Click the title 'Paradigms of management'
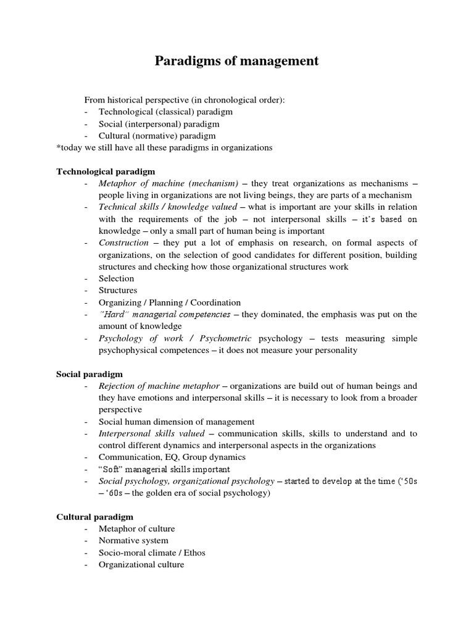tap(236, 60)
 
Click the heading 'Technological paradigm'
tap(106, 171)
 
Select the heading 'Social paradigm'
tap(89, 374)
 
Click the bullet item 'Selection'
tap(116, 278)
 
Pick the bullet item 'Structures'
tap(118, 290)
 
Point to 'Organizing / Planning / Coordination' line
tap(170, 302)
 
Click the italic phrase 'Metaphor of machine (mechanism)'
tap(168, 183)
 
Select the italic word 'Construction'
tap(123, 243)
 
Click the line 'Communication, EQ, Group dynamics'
tap(172, 457)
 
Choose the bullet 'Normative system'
tap(133, 541)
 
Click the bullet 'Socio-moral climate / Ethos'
tap(152, 552)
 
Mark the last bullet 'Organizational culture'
tap(141, 564)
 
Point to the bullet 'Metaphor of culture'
tap(136, 529)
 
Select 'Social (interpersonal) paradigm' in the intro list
tap(159, 124)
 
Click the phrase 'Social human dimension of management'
tap(177, 422)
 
